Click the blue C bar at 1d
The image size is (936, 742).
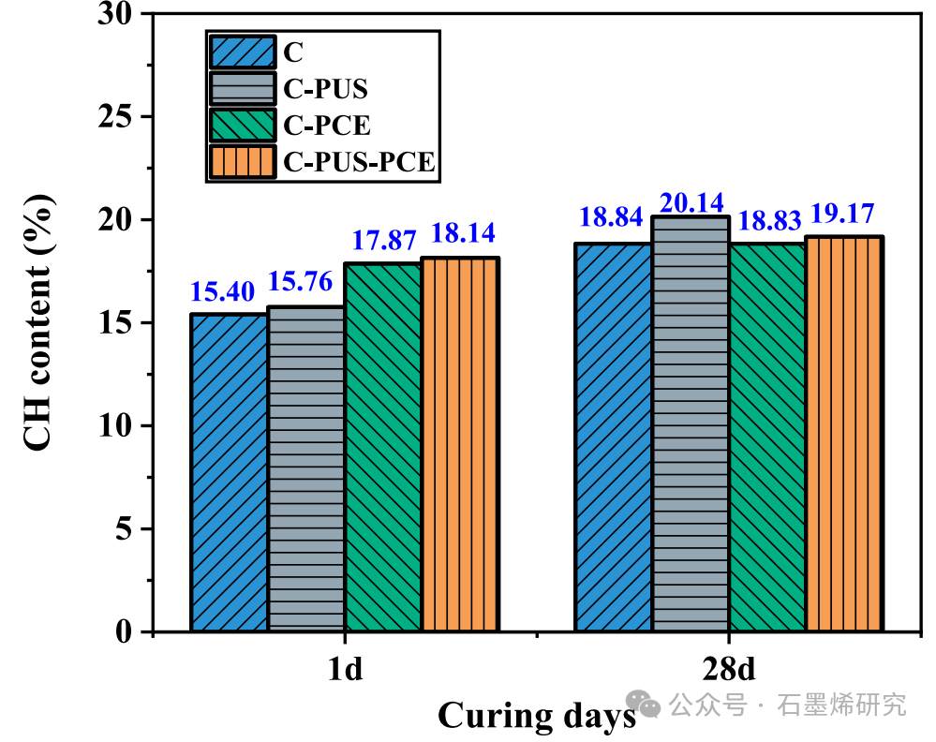click(230, 473)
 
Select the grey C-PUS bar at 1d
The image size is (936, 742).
click(306, 469)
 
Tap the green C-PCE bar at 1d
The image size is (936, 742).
click(383, 448)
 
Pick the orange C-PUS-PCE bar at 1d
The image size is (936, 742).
click(460, 445)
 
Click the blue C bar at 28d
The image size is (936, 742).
click(614, 438)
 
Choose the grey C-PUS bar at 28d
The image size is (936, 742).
click(691, 424)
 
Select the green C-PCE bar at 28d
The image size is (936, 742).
click(767, 438)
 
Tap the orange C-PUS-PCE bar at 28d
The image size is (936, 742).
click(844, 435)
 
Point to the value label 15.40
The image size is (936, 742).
click(223, 292)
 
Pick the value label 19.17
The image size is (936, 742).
click(845, 215)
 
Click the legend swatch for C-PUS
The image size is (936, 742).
click(243, 89)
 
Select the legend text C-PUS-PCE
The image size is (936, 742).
click(359, 162)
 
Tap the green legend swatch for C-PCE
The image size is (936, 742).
click(243, 126)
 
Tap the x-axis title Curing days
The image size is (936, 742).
click(536, 715)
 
